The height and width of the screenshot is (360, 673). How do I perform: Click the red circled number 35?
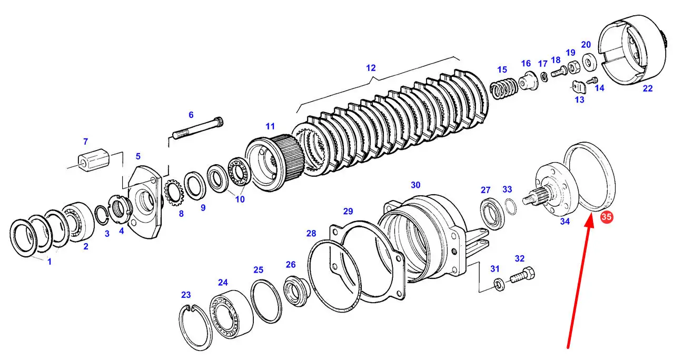606,216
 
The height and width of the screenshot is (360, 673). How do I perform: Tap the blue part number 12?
371,68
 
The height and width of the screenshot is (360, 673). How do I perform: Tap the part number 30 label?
415,185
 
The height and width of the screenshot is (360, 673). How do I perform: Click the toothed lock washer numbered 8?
174,193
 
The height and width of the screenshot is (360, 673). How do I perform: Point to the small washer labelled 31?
497,285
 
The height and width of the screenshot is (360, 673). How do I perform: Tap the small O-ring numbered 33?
509,206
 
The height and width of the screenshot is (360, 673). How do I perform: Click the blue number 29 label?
348,211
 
